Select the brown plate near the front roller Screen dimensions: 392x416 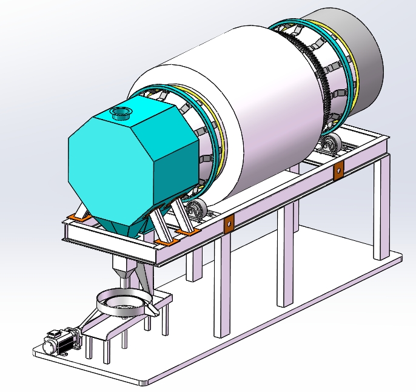click(x=229, y=225)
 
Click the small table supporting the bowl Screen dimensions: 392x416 click(x=121, y=325)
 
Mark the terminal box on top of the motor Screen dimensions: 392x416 click(x=55, y=333)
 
